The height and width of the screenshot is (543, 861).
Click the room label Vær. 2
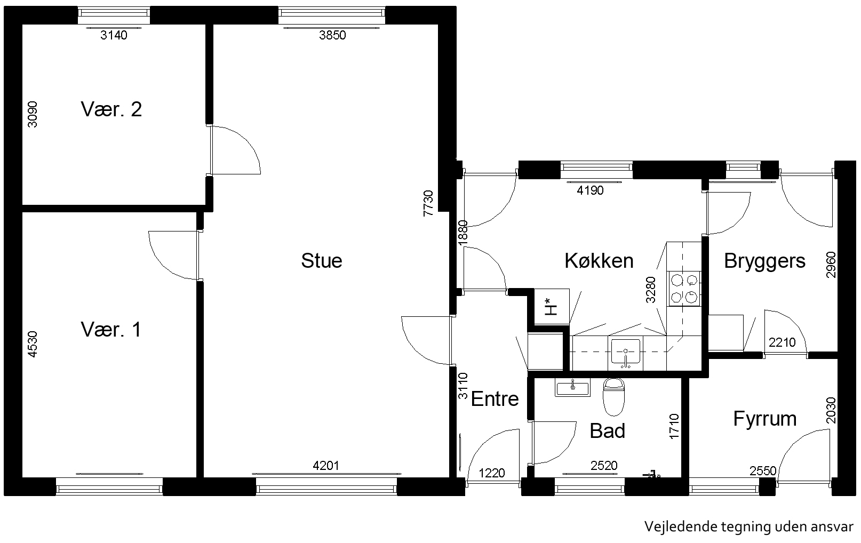[111, 109]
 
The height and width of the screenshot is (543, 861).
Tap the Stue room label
[322, 260]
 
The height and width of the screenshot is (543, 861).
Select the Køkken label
[599, 260]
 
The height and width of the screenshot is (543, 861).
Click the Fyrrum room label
[765, 419]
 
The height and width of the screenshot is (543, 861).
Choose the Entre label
[495, 399]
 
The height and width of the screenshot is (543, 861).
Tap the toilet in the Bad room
[613, 397]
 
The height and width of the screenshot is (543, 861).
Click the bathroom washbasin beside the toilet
[572, 387]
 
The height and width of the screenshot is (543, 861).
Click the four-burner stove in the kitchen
[684, 289]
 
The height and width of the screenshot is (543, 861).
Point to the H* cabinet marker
[551, 307]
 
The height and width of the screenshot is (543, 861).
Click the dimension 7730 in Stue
[428, 203]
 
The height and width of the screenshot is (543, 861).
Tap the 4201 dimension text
[326, 466]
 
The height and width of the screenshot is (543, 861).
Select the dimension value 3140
[114, 35]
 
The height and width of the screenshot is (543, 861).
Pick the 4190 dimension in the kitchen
[590, 190]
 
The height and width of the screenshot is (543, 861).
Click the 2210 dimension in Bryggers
[782, 342]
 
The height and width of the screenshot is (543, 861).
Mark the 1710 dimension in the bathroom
[674, 426]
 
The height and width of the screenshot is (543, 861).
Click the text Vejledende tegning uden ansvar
[749, 527]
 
